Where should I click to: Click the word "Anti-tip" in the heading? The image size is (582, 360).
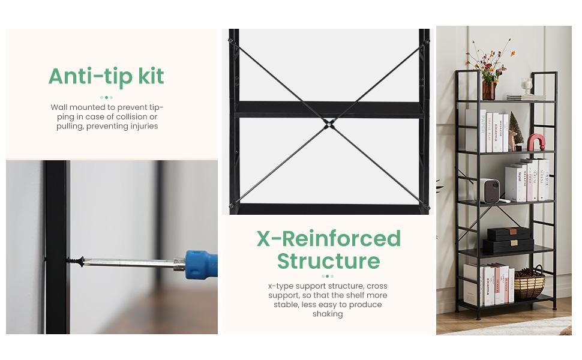[x=91, y=76]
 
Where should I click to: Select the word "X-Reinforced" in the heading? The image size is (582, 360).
[x=328, y=238]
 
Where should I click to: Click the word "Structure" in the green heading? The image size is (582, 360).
[x=328, y=260]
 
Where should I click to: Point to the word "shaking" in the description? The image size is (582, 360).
[x=328, y=314]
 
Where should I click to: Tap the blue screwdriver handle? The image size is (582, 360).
[x=201, y=265]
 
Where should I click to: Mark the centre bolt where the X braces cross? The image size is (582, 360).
[x=328, y=124]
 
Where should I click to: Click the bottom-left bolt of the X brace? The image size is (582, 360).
[x=232, y=205]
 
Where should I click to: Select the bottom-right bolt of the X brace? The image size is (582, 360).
[x=425, y=207]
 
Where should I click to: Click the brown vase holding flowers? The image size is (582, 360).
[x=488, y=90]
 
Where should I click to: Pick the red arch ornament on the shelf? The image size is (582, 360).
[x=536, y=143]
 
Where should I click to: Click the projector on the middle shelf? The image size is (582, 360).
[x=490, y=191]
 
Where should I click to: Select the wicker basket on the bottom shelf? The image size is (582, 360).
[x=529, y=283]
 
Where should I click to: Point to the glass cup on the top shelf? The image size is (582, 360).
[x=526, y=86]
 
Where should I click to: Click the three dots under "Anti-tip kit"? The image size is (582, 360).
[x=106, y=98]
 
